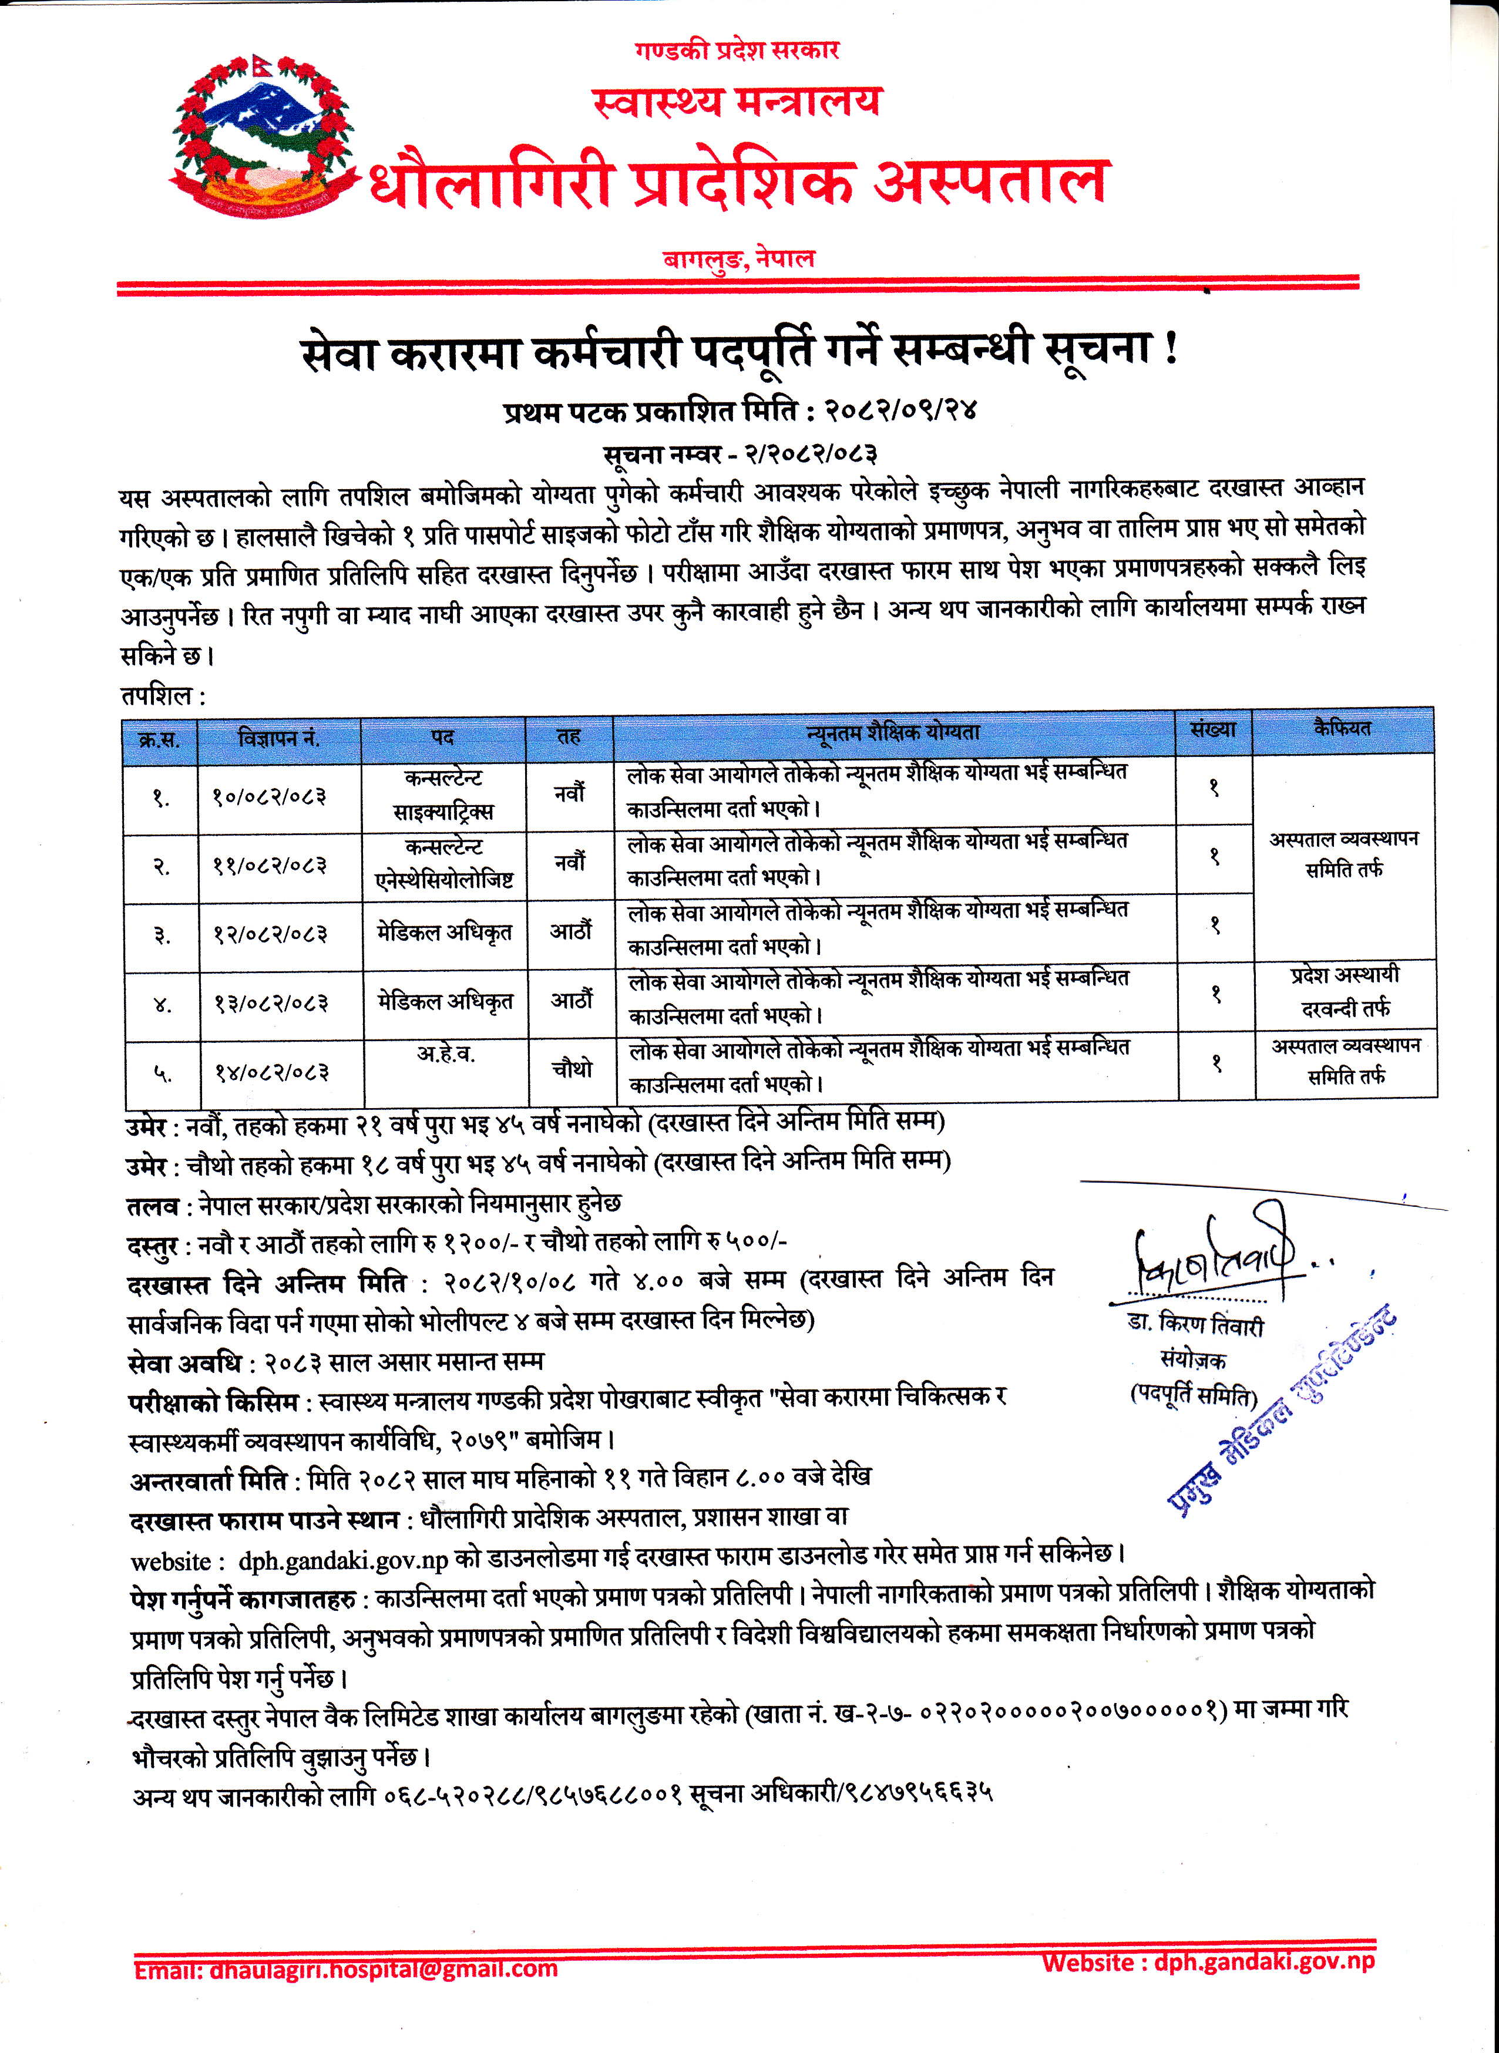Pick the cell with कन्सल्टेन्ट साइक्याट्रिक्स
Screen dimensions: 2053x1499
coord(443,795)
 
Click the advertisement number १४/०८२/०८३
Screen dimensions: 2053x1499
coord(270,1073)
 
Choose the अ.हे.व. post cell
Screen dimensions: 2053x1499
coord(445,1054)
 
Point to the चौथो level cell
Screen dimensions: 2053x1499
coord(572,1069)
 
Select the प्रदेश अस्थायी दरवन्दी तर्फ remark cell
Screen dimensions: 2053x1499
coord(1345,992)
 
